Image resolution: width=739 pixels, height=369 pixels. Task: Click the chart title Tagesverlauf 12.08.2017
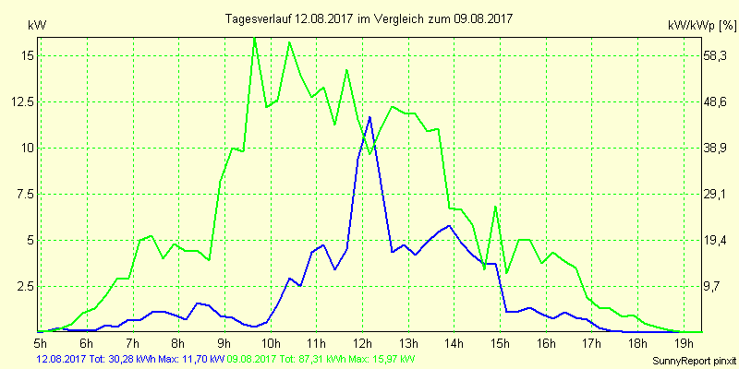369,18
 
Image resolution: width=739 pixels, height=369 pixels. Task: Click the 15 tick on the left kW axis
28,55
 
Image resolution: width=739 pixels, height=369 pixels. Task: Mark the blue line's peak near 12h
369,117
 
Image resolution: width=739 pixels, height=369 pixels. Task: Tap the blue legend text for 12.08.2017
129,358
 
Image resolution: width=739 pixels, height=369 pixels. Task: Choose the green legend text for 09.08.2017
321,358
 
